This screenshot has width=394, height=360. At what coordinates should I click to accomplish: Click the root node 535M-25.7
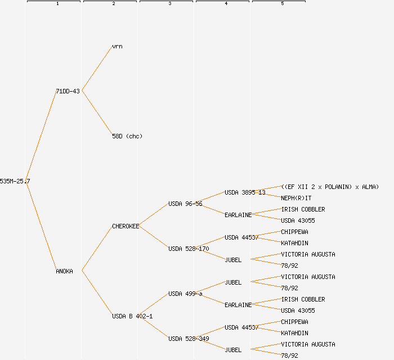tap(15, 181)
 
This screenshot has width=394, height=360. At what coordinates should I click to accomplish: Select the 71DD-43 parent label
tap(68, 91)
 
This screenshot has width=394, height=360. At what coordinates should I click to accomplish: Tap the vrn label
tap(117, 46)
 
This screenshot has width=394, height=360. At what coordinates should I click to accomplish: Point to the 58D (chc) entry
tap(127, 136)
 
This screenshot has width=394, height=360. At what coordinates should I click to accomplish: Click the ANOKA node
tap(64, 271)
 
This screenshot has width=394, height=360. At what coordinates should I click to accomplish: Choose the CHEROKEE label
tap(126, 226)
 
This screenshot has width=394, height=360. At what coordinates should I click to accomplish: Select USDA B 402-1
tap(132, 316)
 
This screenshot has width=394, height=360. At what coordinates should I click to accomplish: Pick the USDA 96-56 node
tap(185, 204)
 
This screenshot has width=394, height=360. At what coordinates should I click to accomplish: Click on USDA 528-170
tap(189, 249)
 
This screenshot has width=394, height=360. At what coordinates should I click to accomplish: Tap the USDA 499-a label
tap(185, 294)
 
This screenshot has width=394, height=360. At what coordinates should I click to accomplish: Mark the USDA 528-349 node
tap(189, 339)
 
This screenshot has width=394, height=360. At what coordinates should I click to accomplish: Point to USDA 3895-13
tap(245, 192)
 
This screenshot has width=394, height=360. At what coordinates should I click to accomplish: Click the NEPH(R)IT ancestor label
tap(296, 198)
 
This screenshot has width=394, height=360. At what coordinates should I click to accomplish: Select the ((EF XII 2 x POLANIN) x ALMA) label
tap(330, 187)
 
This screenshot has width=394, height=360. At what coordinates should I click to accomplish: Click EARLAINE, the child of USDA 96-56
tap(238, 215)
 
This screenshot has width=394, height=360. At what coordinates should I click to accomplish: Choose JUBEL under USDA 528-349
tap(233, 350)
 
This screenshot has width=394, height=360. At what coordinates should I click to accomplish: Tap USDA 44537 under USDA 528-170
tap(241, 237)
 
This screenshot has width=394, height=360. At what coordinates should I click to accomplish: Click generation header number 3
tap(169, 4)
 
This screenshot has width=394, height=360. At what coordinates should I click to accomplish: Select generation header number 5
tap(282, 4)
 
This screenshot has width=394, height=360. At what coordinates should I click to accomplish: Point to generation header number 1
tap(57, 4)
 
